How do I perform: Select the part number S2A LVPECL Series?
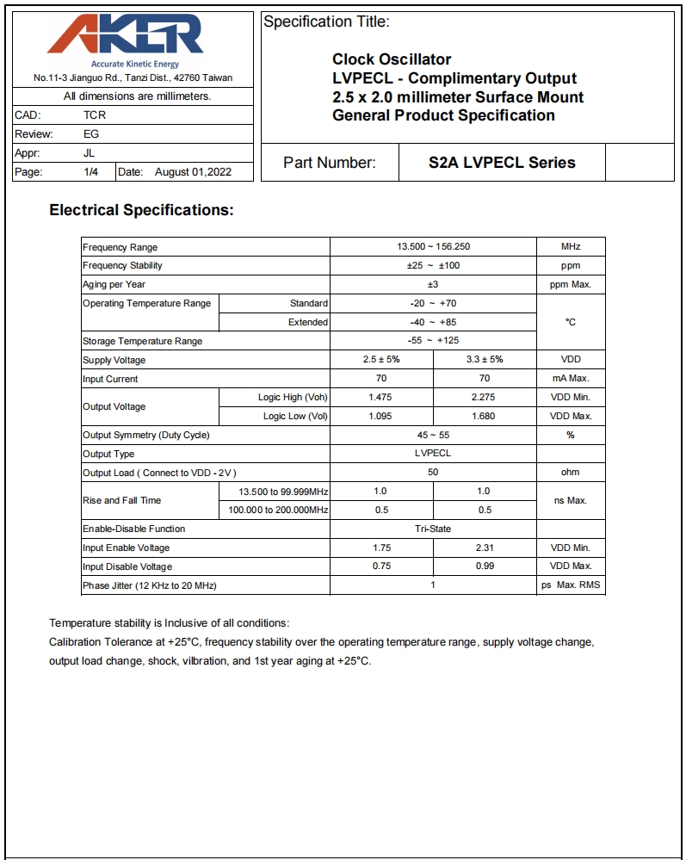point(502,163)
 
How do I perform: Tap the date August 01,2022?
point(193,172)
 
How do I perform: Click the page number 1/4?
point(90,172)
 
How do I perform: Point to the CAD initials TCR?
point(95,114)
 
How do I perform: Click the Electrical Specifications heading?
point(141,210)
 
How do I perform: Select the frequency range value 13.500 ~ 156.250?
point(433,247)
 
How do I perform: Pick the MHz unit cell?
point(571,247)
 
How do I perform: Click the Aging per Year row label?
point(114,284)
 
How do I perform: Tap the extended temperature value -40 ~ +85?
point(433,322)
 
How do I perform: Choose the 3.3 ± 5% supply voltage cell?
point(485,360)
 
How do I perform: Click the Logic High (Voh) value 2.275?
point(484,397)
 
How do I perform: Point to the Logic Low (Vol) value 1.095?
point(380,416)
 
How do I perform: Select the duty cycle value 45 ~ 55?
point(433,435)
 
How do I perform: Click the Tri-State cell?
point(433,529)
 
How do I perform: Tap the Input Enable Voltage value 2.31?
point(484,548)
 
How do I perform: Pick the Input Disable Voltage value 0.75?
point(381,566)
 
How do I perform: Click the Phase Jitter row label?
point(149,585)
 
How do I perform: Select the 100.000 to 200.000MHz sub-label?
point(278,510)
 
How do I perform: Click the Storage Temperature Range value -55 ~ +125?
point(433,341)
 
